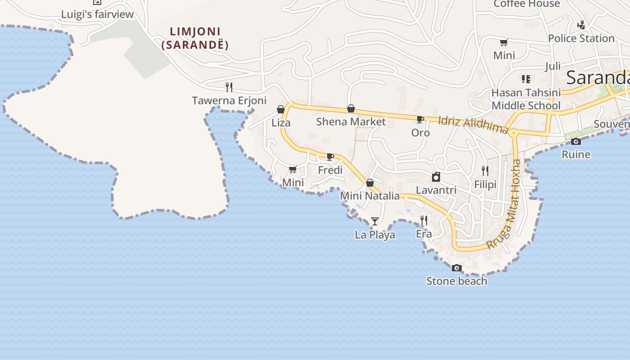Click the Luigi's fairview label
point(97,14)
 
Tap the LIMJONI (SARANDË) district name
point(195,38)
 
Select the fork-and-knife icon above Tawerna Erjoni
point(229,87)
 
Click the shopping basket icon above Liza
point(281,109)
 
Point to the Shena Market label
point(351,121)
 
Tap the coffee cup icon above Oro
point(420,119)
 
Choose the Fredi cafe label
point(330,170)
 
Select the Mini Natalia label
point(369,196)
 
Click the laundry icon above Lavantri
point(436,177)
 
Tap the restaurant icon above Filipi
point(485,171)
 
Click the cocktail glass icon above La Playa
point(374,221)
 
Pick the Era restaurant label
point(423,234)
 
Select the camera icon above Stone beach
point(456,268)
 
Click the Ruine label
point(576,154)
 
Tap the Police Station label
point(581,39)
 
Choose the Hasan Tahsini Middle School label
point(526,99)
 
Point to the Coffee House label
point(526,4)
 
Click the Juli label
point(553,67)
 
